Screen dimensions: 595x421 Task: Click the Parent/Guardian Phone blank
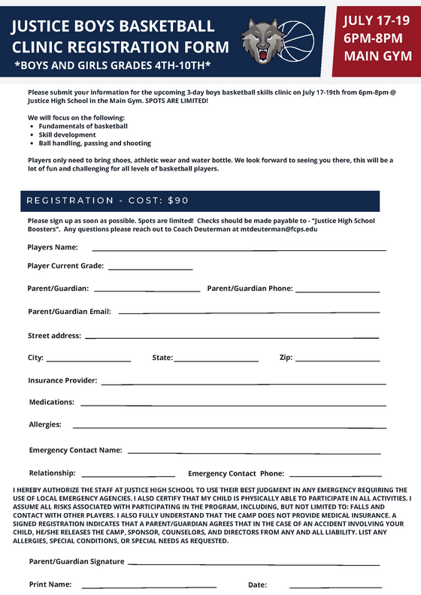tap(338, 290)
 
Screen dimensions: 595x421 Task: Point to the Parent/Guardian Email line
tap(248, 312)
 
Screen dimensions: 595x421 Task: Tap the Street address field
tap(232, 337)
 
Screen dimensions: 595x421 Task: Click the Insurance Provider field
tap(244, 382)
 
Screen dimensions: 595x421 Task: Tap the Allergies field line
tap(229, 427)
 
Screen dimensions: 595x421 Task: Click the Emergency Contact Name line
tap(254, 452)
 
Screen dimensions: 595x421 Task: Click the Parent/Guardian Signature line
tap(253, 563)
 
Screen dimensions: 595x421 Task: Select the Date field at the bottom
tap(335, 586)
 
